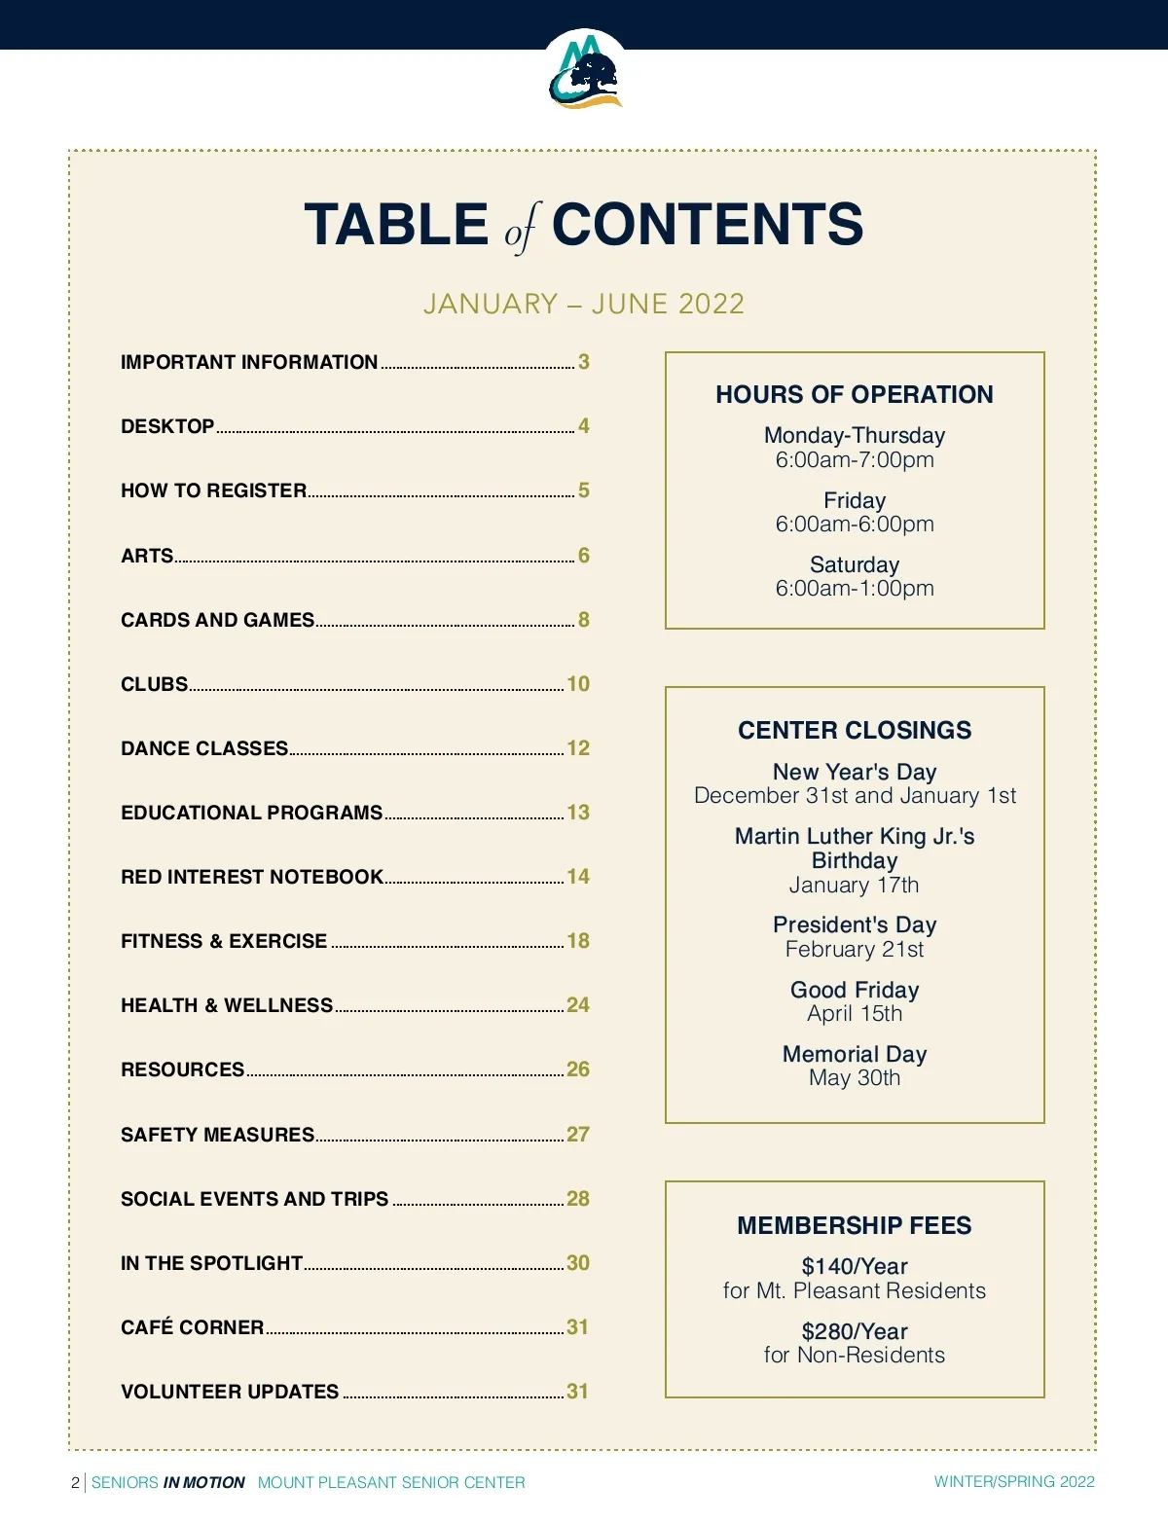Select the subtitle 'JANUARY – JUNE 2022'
pos(584,304)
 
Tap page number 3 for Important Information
pos(584,362)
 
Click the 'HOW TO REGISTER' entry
pos(214,490)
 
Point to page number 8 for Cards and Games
pos(584,620)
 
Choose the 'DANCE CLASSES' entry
pos(204,748)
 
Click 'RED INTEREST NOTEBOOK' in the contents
pos(252,877)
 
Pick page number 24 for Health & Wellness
pos(578,1005)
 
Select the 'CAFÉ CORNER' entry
pos(193,1327)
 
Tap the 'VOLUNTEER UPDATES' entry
pos(230,1392)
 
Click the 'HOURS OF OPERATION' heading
pos(855,394)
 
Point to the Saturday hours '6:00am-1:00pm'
pos(855,589)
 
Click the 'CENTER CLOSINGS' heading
pos(855,730)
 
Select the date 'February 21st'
pos(855,949)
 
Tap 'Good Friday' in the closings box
pos(855,990)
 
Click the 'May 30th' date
pos(855,1078)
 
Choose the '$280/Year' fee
pos(855,1331)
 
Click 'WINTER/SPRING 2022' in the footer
pos(1014,1482)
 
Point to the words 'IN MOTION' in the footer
pos(204,1483)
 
